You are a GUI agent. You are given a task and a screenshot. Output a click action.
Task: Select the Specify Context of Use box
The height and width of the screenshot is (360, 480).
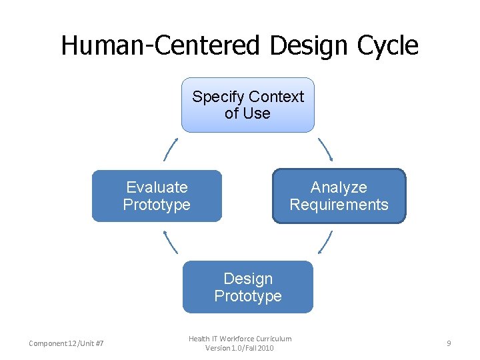(x=248, y=105)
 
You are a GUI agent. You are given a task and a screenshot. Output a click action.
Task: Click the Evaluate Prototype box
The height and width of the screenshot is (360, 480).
(x=157, y=196)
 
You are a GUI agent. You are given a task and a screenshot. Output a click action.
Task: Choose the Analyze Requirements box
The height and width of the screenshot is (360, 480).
(x=339, y=196)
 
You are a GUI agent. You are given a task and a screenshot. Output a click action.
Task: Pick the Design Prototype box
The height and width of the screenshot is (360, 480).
(x=248, y=287)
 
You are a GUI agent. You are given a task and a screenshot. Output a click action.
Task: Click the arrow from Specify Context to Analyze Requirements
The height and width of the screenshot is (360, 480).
(x=325, y=150)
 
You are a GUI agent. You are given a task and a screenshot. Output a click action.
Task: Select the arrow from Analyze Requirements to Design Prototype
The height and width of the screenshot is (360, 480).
(x=325, y=242)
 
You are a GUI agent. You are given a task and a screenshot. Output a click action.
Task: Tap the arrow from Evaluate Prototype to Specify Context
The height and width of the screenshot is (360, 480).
(x=171, y=150)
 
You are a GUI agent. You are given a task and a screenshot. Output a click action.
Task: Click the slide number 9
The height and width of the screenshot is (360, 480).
(x=449, y=343)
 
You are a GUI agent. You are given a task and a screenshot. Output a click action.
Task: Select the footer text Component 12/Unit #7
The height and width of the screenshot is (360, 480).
(x=66, y=343)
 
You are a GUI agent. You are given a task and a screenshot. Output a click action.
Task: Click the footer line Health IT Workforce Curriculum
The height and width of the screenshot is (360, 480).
(x=240, y=339)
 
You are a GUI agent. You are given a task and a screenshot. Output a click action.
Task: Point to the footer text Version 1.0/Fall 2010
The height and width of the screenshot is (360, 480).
(x=240, y=348)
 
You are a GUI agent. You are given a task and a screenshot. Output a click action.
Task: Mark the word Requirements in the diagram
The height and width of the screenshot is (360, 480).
(x=339, y=205)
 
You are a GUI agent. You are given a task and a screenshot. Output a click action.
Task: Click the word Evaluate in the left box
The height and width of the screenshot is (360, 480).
(x=157, y=187)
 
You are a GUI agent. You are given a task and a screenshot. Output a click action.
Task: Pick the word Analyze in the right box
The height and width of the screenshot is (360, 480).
(x=339, y=187)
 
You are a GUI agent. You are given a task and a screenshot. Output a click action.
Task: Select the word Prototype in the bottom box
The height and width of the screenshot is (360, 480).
(x=248, y=296)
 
